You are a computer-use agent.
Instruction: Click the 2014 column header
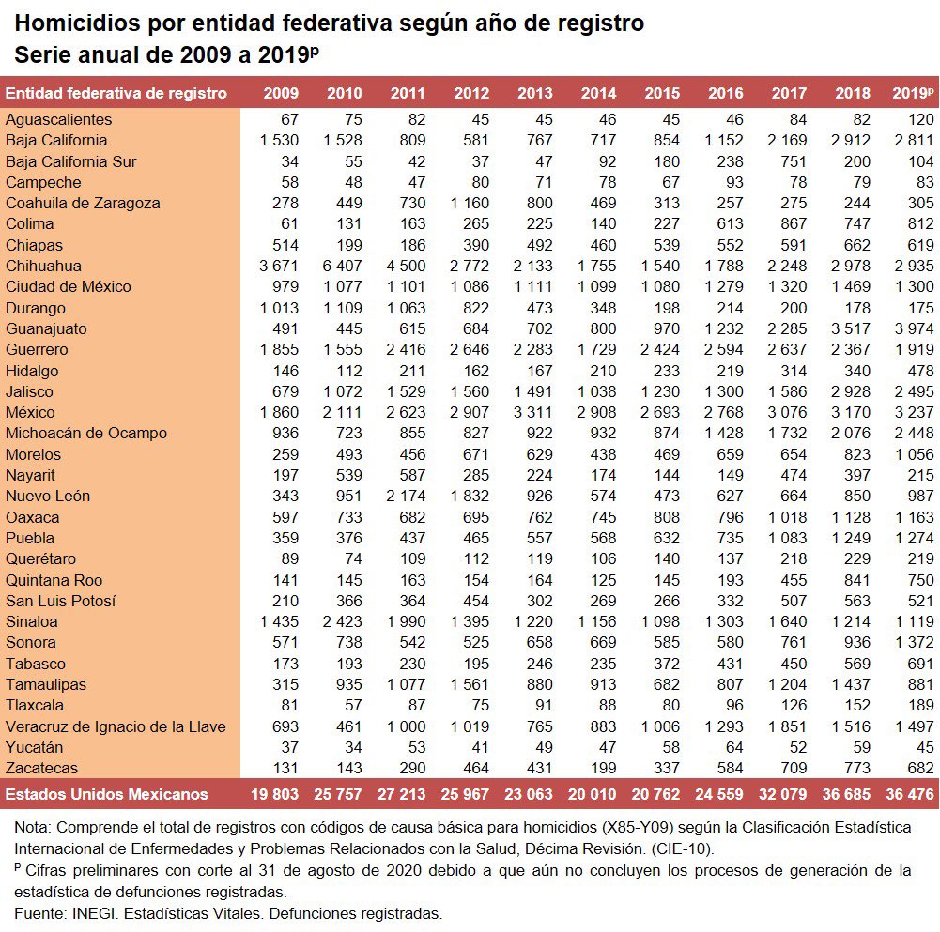[x=598, y=93]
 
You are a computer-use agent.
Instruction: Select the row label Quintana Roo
[x=54, y=580]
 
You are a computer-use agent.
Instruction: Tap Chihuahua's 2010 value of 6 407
[x=343, y=266]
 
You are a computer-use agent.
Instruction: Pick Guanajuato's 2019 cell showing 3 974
[x=915, y=328]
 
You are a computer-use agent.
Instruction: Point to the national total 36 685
[x=846, y=794]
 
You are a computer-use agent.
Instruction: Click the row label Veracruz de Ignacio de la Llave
[x=116, y=726]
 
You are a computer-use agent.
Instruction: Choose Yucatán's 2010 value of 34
[x=353, y=747]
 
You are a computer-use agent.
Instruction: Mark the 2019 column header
[x=913, y=93]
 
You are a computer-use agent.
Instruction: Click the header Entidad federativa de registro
[x=116, y=93]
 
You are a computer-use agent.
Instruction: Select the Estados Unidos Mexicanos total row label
[x=107, y=794]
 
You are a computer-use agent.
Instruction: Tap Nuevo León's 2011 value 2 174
[x=406, y=496]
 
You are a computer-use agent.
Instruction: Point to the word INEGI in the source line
[x=92, y=913]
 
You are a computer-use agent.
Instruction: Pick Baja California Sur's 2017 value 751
[x=794, y=161]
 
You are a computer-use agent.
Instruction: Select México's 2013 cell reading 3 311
[x=533, y=412]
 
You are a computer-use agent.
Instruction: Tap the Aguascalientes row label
[x=59, y=119]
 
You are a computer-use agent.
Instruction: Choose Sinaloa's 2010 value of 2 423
[x=343, y=621]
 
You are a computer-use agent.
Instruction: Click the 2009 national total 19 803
[x=274, y=794]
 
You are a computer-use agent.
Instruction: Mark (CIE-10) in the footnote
[x=683, y=848]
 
